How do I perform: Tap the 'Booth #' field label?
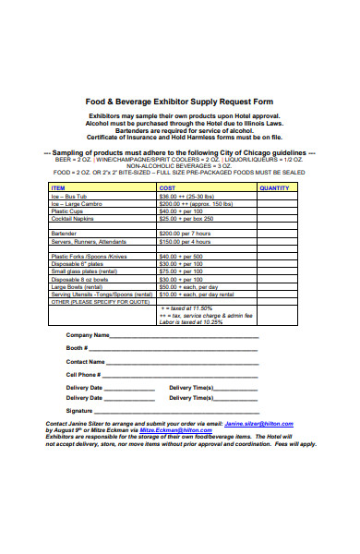click(78, 348)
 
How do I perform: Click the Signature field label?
click(79, 410)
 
